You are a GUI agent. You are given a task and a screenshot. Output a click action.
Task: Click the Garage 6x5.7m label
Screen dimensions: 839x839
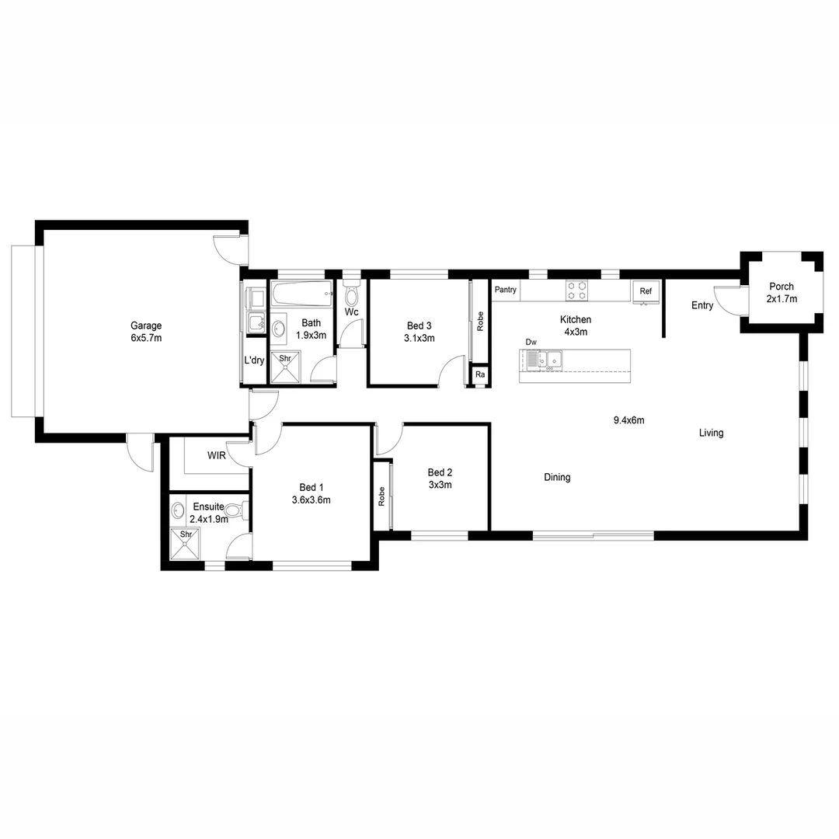(146, 332)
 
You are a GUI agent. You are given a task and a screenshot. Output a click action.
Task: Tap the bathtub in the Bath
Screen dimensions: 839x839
(302, 294)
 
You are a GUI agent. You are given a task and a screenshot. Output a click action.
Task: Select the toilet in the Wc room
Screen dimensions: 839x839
(351, 295)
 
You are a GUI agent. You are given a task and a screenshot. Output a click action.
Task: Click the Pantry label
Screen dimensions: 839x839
(505, 290)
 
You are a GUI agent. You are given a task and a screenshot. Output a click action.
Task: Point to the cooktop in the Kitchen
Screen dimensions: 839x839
(576, 291)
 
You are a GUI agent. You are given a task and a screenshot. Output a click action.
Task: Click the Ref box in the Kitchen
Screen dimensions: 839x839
(646, 291)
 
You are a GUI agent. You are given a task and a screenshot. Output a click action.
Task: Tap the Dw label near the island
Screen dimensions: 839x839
(531, 342)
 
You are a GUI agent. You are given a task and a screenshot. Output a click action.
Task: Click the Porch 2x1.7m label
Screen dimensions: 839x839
(781, 292)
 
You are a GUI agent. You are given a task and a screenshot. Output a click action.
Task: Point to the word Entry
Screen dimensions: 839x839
(702, 305)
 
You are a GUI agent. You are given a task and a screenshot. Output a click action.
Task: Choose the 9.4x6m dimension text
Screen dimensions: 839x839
(629, 420)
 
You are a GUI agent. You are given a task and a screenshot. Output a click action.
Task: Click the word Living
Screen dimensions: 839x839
(711, 433)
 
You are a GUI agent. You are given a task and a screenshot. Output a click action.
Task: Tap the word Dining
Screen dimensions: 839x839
(557, 478)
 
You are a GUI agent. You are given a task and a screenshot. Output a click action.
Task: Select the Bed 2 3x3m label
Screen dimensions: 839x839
(440, 479)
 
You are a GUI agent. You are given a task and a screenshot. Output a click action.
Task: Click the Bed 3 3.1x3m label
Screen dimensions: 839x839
(419, 332)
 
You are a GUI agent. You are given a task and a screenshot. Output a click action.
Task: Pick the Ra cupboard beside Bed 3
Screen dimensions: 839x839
(480, 375)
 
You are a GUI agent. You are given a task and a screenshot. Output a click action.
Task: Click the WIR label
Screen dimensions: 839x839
(216, 456)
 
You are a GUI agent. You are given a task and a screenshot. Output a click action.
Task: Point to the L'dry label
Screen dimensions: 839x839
(254, 360)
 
